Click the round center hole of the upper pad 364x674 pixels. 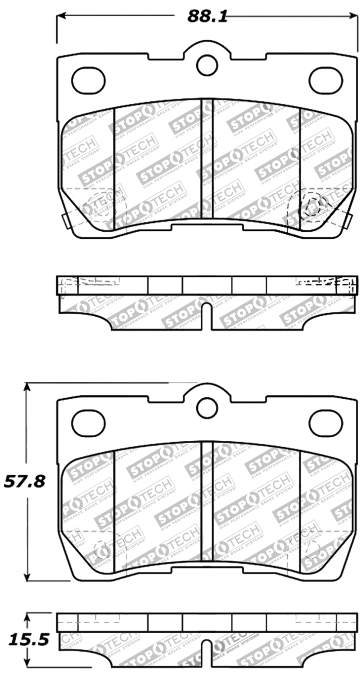207,65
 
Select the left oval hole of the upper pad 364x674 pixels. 88,81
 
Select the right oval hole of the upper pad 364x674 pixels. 326,81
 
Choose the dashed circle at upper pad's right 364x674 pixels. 314,202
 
